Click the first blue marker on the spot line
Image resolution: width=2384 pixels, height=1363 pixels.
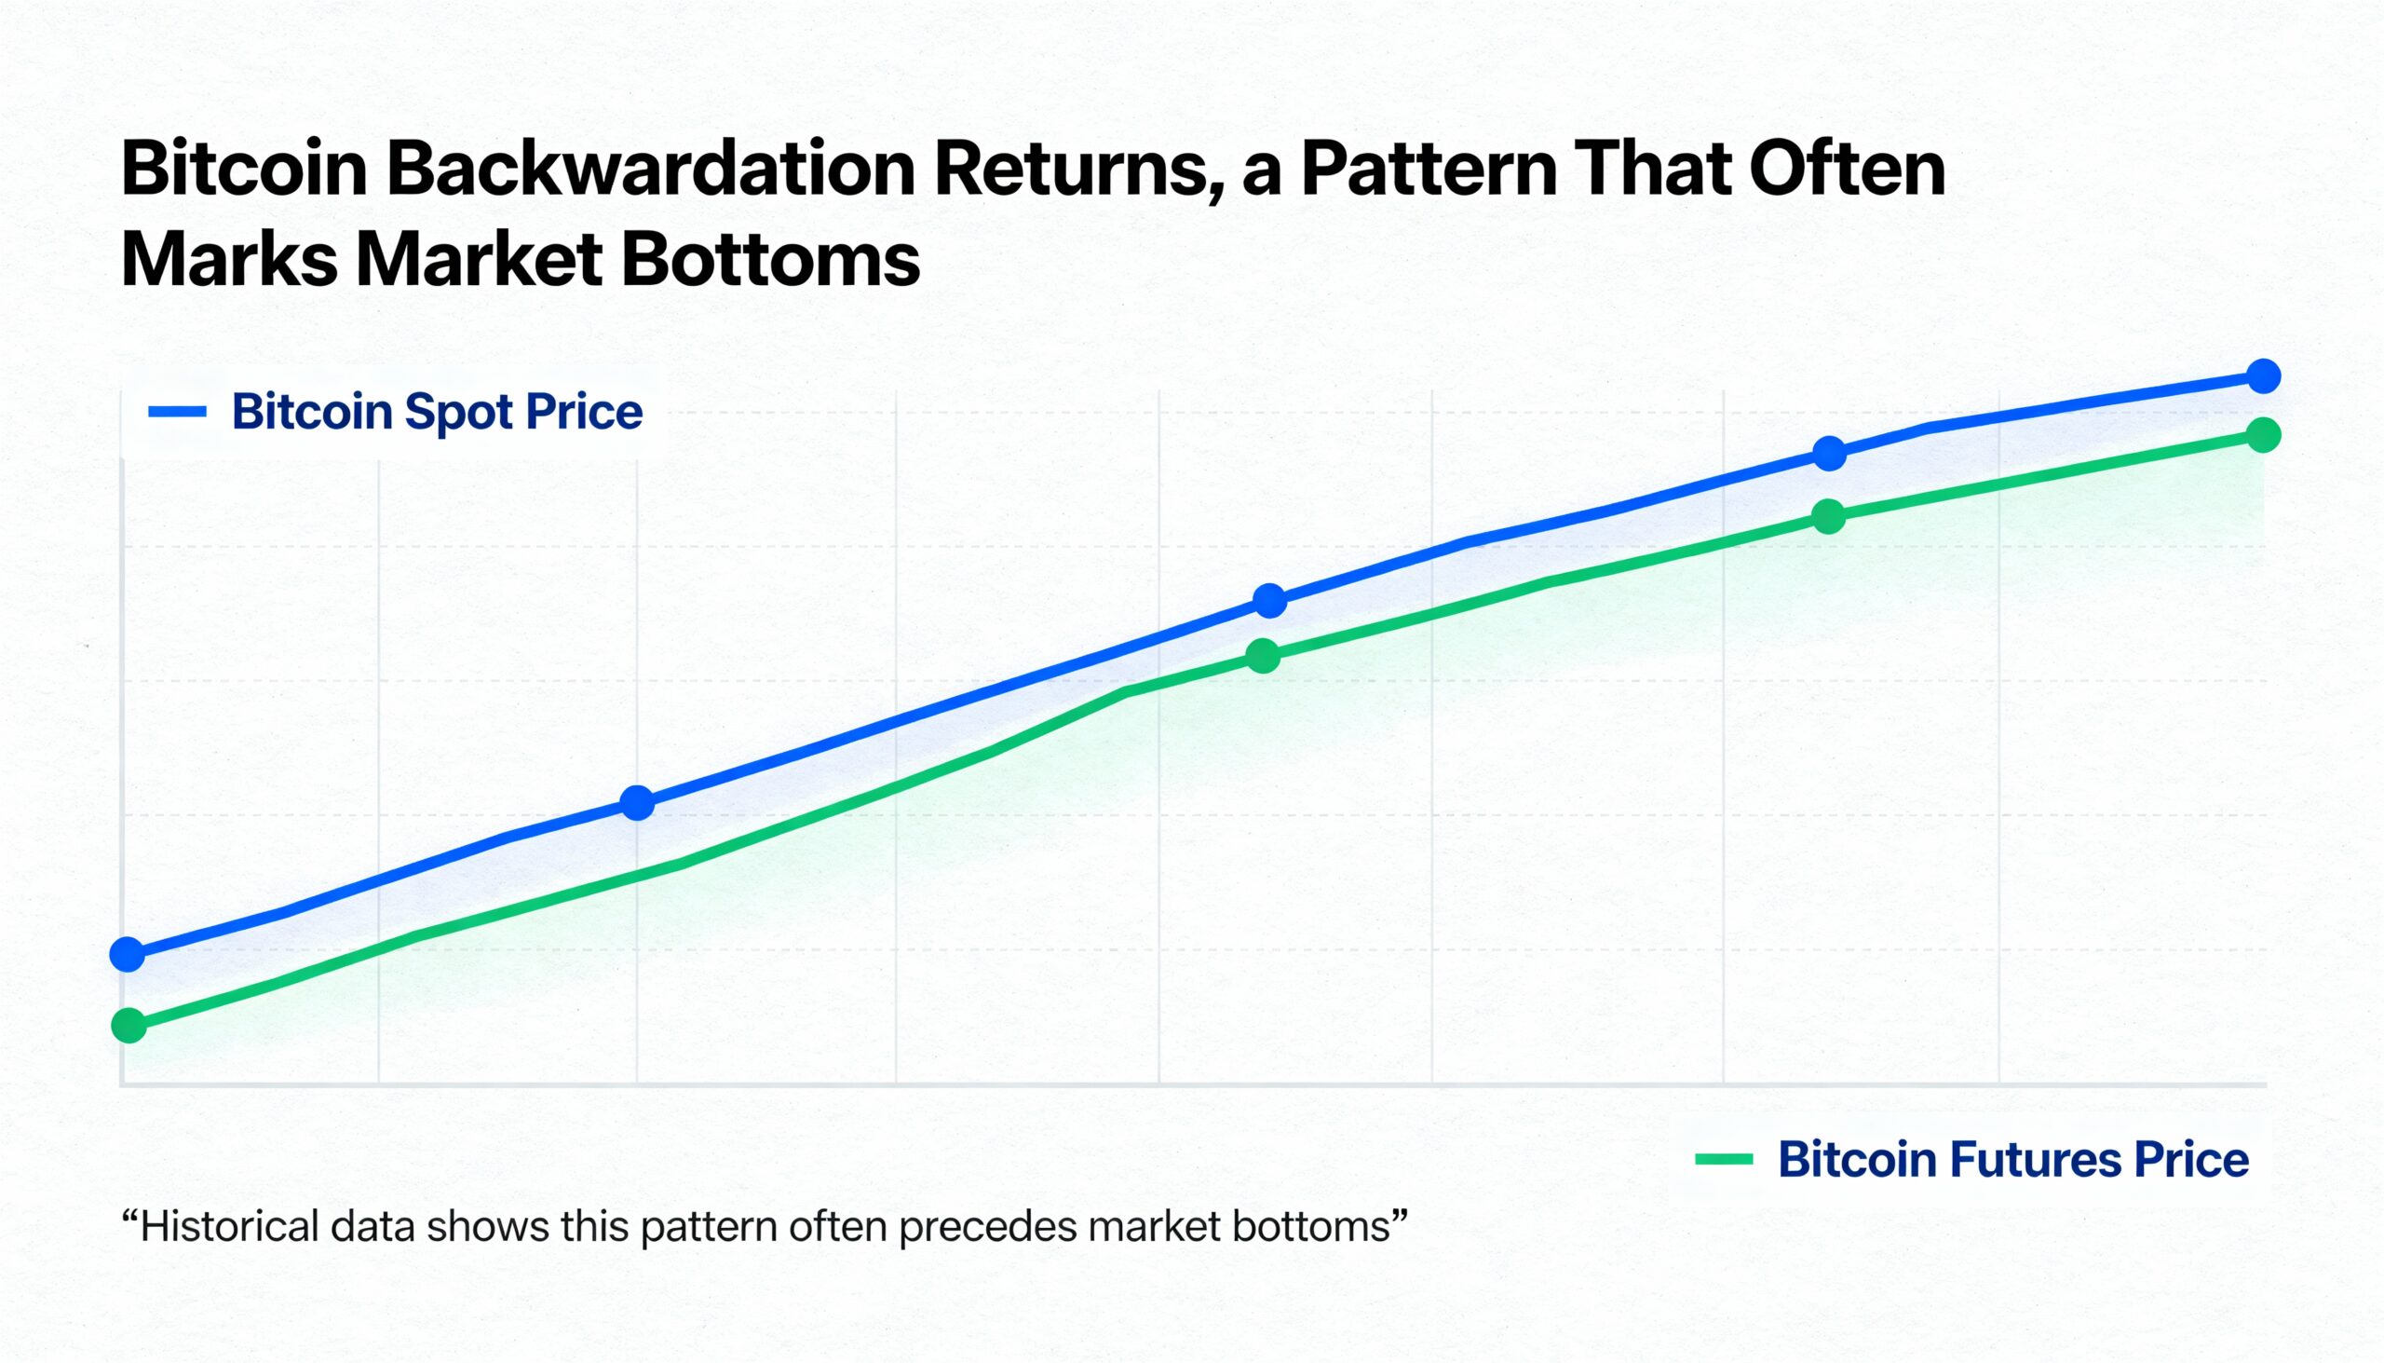[128, 954]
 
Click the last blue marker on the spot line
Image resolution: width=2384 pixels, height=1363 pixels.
[2263, 375]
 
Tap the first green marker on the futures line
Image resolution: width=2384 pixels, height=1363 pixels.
[129, 1025]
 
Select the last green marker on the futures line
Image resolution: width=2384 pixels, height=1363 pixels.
[2263, 434]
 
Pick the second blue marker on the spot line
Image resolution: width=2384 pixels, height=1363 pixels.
[637, 802]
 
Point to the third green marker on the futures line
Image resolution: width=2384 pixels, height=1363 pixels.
[1263, 655]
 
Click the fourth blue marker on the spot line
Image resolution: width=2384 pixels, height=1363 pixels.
[1829, 454]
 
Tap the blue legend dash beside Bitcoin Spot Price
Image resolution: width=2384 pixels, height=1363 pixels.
[177, 411]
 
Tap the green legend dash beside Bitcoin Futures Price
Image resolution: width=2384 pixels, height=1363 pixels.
[1724, 1160]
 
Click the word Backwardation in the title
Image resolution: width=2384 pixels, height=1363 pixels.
[649, 170]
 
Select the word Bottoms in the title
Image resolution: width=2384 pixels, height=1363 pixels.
[770, 259]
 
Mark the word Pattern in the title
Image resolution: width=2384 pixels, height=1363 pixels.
[1429, 170]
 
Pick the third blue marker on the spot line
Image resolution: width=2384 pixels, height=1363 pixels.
[1269, 600]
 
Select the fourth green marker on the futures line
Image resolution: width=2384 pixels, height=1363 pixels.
[1828, 516]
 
